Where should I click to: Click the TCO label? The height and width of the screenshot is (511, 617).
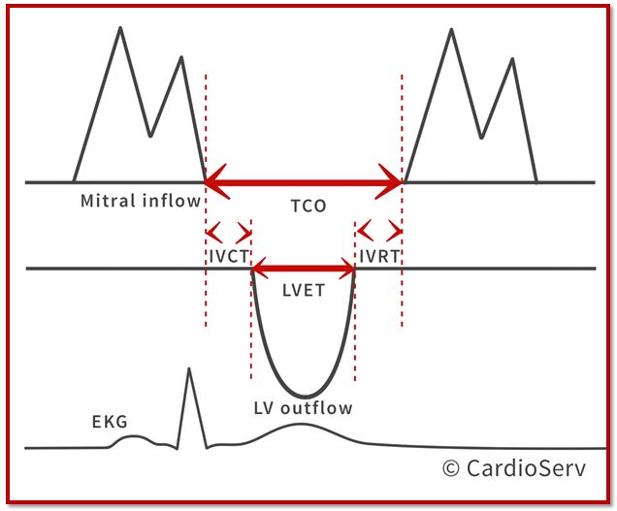pos(308,207)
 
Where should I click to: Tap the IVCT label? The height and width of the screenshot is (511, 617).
pos(229,257)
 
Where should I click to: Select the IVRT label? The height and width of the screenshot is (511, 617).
pos(379,257)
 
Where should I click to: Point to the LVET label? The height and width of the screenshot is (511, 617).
pos(304,291)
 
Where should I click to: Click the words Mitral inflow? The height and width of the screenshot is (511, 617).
pos(141,201)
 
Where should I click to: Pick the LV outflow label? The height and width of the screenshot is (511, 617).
pos(303,408)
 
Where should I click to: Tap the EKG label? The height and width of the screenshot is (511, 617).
pos(110,422)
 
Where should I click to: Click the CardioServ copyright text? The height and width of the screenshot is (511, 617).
pos(514,468)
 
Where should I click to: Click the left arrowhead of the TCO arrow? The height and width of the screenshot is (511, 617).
pos(216,181)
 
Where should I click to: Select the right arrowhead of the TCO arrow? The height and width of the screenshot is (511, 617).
pos(389,181)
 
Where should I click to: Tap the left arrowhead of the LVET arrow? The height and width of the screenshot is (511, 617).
pos(259,269)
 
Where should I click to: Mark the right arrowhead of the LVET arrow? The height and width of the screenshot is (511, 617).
pos(348,269)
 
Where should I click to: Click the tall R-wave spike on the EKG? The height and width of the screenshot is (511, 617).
pos(189,368)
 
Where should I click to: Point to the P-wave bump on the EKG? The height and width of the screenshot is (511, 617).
pos(133,436)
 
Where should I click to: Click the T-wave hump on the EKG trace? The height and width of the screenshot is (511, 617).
pos(301,424)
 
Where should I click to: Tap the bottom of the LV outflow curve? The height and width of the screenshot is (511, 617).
pos(306,396)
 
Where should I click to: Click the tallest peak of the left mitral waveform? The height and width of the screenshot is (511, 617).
pos(120,27)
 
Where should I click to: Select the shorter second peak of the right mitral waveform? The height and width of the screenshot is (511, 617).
pos(512,59)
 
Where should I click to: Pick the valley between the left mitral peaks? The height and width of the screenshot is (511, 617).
pos(150,136)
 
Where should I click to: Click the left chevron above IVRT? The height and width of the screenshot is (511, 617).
pos(366,231)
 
